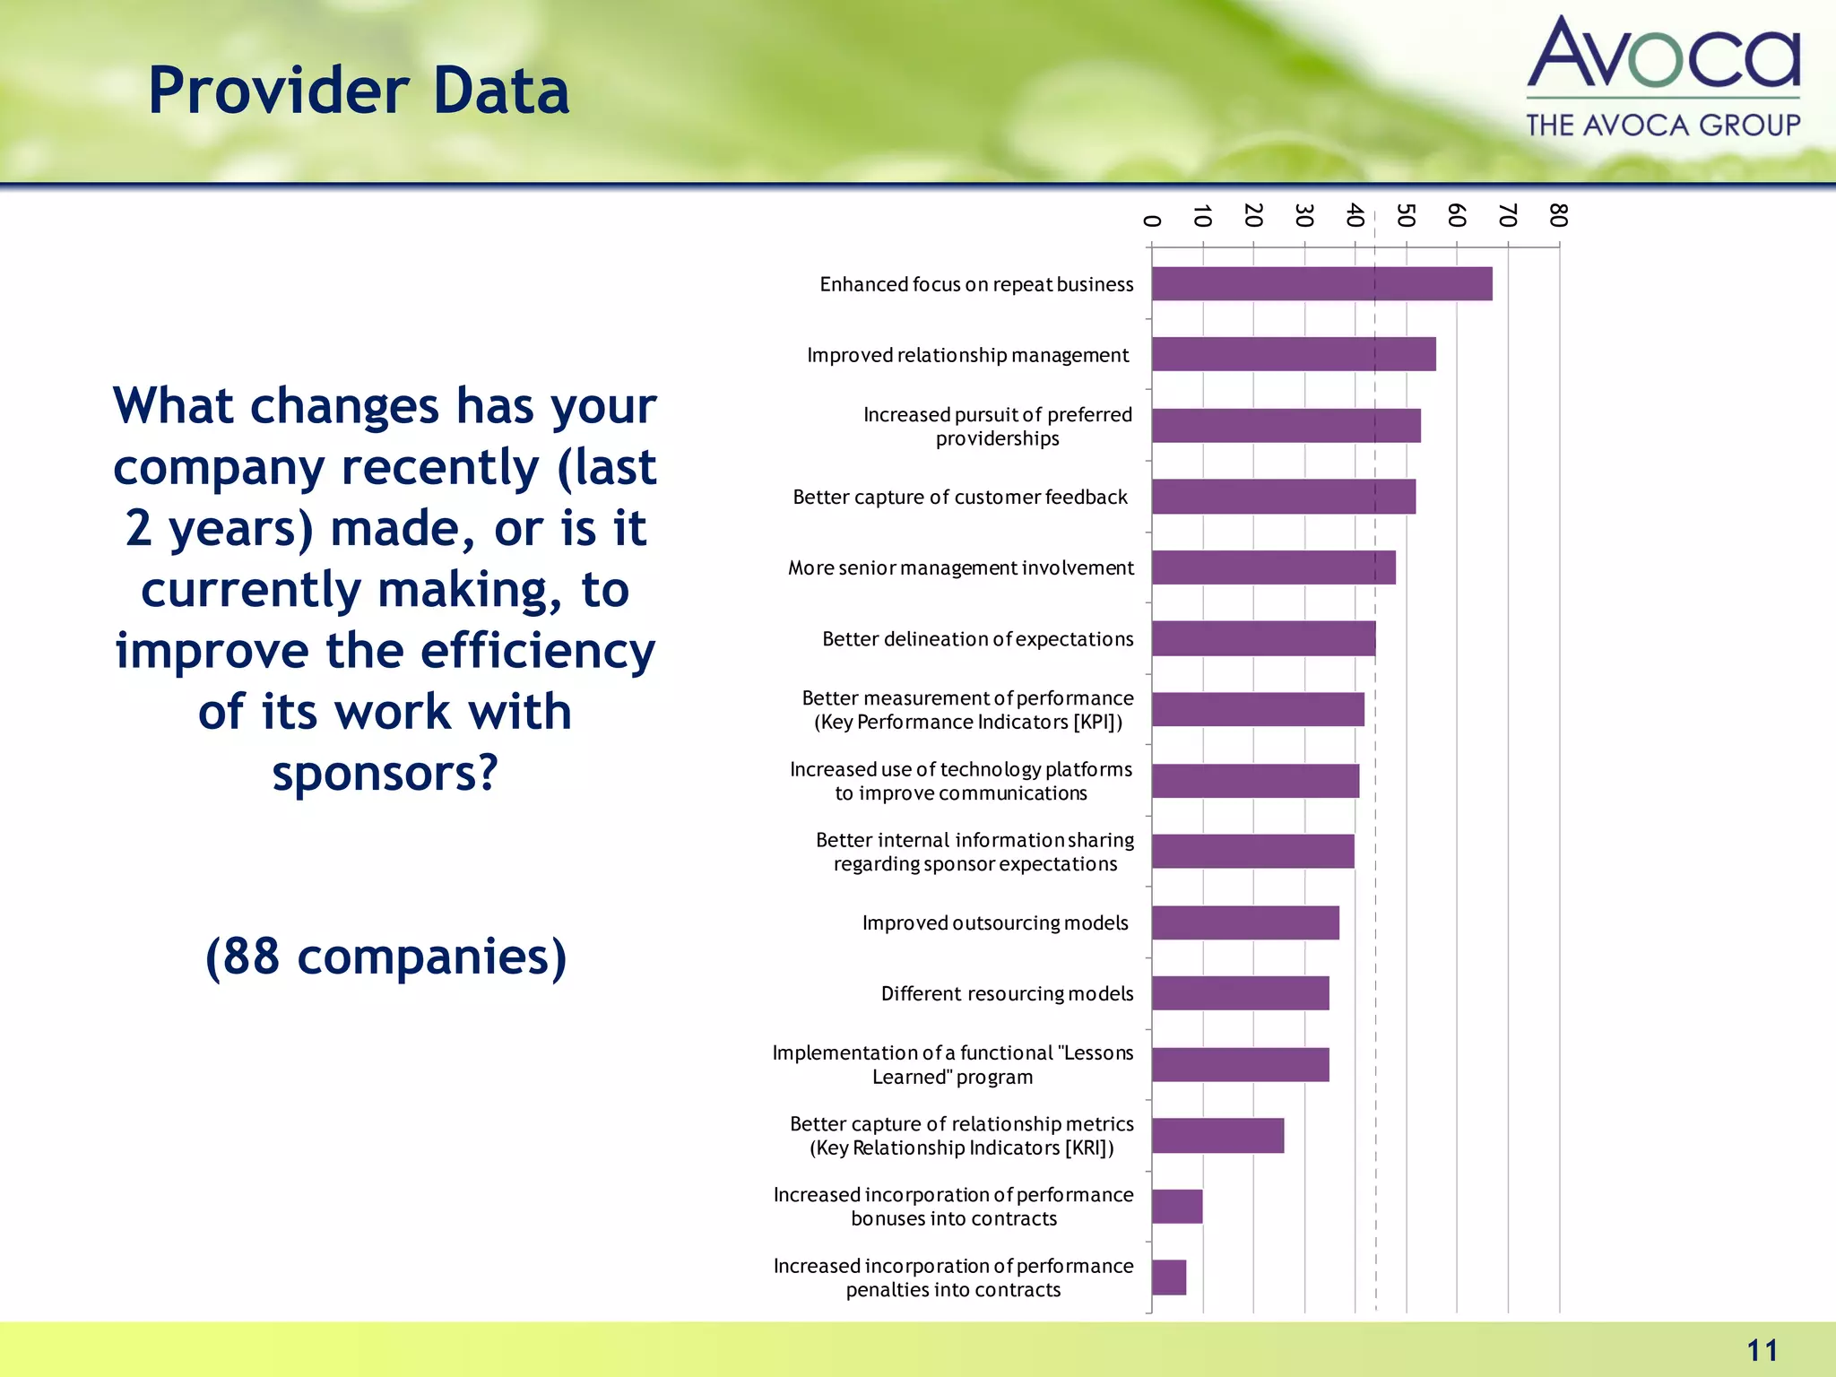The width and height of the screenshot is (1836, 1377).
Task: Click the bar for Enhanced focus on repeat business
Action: [1321, 283]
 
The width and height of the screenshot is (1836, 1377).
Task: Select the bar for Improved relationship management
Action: [1293, 354]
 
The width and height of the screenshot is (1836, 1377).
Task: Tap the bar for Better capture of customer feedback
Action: [1283, 496]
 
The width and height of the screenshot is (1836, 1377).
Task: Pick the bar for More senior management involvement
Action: [1273, 567]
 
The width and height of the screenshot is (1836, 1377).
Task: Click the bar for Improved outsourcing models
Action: [1245, 922]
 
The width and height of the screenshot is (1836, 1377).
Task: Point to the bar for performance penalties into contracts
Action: [1168, 1277]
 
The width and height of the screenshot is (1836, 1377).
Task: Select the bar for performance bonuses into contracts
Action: [1176, 1206]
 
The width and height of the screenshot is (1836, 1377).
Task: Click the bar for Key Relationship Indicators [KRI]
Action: [1217, 1135]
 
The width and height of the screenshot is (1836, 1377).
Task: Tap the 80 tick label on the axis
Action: [1558, 215]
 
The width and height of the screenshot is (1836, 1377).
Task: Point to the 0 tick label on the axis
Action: [1152, 221]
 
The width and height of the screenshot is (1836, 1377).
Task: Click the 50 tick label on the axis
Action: [1406, 215]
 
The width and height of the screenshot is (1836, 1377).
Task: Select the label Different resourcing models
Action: [1007, 993]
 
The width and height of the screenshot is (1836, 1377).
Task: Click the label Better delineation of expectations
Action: [977, 638]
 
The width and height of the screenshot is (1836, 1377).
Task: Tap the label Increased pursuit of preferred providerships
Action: [997, 426]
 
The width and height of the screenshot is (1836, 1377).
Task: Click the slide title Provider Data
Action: [359, 91]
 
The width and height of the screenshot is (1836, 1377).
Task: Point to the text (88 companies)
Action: [385, 957]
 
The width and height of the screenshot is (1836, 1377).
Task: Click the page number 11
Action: [1762, 1350]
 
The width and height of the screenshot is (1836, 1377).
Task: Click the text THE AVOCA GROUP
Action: [1663, 125]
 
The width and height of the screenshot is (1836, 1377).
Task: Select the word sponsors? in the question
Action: [385, 773]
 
